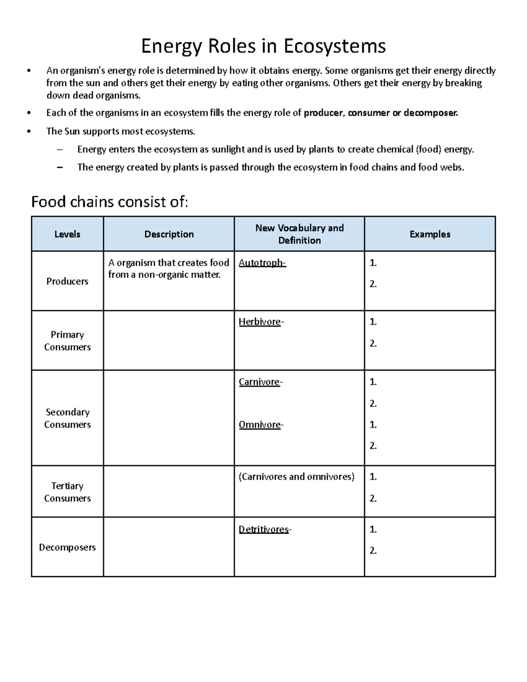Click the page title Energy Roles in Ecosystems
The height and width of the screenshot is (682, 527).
[x=263, y=46]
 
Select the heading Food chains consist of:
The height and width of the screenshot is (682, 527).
[x=109, y=202]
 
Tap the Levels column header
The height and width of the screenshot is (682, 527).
[x=67, y=234]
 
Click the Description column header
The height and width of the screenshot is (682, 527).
[x=169, y=234]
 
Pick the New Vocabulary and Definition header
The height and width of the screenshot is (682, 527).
[x=299, y=234]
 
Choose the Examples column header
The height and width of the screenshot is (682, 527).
[x=430, y=234]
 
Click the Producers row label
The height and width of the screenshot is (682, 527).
[x=67, y=281]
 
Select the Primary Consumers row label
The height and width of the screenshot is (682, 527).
[x=67, y=341]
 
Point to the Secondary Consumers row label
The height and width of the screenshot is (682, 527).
[x=67, y=418]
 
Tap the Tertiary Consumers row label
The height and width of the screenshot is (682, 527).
[x=67, y=492]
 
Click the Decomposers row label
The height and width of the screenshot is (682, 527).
[x=67, y=547]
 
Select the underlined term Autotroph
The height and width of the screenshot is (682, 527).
[x=262, y=263]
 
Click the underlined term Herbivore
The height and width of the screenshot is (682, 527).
[x=260, y=322]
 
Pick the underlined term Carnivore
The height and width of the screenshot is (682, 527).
[x=259, y=382]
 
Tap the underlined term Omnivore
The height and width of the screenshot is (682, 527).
[x=260, y=425]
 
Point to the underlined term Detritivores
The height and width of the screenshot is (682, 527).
[x=263, y=530]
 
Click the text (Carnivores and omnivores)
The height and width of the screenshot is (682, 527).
[x=296, y=477]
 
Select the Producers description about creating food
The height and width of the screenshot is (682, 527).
[x=169, y=269]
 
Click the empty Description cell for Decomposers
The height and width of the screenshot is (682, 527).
[x=169, y=547]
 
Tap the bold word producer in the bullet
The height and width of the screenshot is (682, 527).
[x=323, y=113]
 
